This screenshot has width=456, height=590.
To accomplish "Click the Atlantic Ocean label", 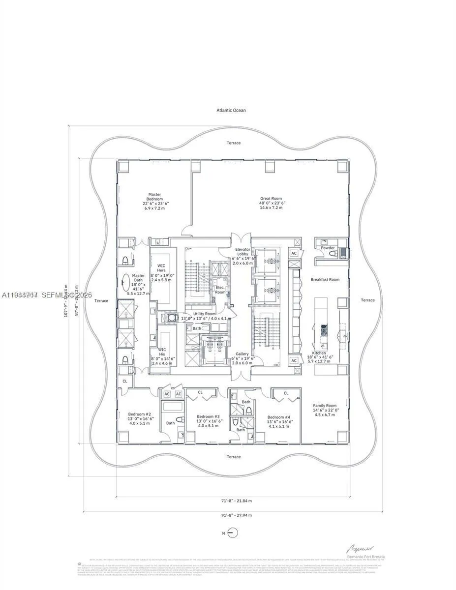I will (x=231, y=110).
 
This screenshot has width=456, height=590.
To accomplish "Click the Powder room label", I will (x=328, y=248).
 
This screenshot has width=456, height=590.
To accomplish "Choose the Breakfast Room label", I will (x=325, y=279).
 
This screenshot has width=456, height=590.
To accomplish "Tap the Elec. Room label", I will (x=220, y=290).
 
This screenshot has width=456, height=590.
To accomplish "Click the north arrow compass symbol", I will (x=234, y=533).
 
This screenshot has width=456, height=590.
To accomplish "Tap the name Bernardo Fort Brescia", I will (x=365, y=556).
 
